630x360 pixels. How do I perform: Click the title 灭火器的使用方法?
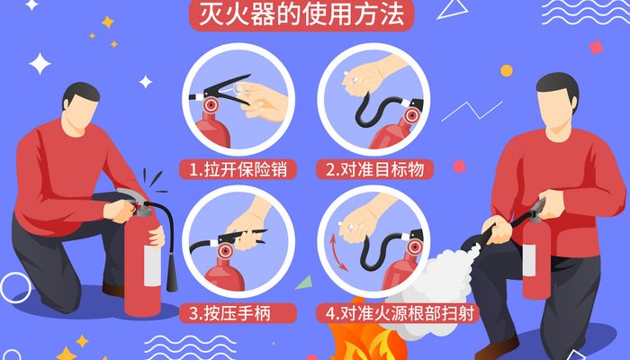pos(301,15)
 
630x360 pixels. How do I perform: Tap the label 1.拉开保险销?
pos(238,169)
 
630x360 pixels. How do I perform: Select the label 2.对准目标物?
pos(374,169)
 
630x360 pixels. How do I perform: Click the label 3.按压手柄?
pos(229,313)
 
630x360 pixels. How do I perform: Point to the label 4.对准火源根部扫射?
pos(400,313)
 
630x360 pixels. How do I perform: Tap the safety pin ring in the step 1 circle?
pos(240,89)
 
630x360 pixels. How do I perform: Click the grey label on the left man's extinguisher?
pos(152,265)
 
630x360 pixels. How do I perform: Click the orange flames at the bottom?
pos(364,334)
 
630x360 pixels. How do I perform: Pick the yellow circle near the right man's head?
pos(507,71)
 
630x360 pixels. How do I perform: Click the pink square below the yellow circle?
pos(459,166)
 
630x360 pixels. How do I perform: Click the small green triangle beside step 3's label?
pos(305,283)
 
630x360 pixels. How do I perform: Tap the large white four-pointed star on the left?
pos(40,64)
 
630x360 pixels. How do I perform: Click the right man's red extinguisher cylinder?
pos(536,257)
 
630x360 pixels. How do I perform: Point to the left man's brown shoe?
pos(113,290)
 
